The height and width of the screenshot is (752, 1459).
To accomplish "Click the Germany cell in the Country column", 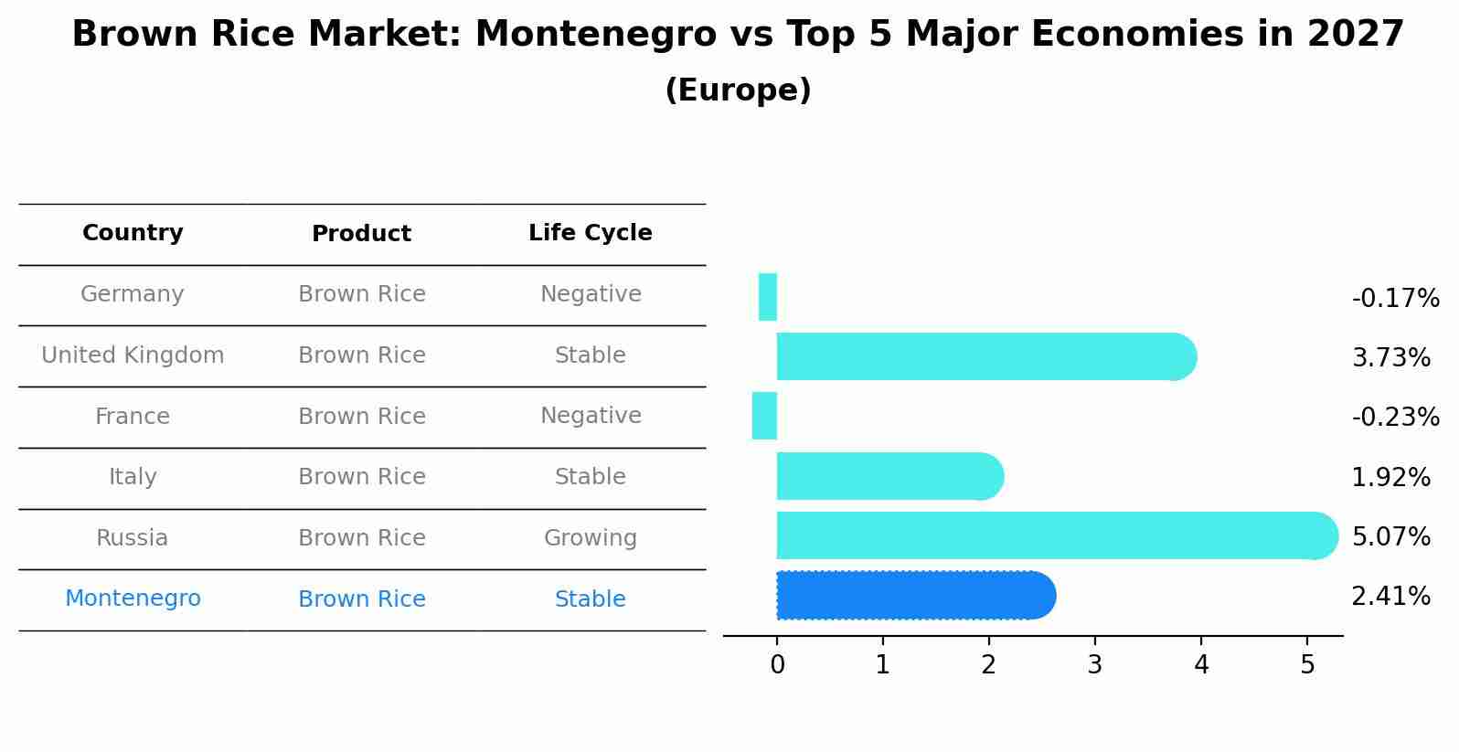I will (x=133, y=294).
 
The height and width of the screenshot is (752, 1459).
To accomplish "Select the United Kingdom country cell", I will (x=133, y=355).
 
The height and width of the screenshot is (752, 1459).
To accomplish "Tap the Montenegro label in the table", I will (x=133, y=598).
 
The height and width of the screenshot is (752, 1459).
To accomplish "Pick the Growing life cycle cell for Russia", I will (x=591, y=538).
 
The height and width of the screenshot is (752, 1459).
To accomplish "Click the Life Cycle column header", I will (x=591, y=233).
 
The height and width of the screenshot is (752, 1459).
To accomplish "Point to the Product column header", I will (x=361, y=234).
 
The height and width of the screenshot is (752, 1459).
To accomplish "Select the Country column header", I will (x=133, y=233).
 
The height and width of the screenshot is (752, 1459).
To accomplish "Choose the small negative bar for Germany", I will (x=768, y=297).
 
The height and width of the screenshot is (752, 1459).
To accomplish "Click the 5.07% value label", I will (x=1390, y=536).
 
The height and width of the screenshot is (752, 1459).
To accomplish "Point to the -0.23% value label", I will (x=1395, y=417).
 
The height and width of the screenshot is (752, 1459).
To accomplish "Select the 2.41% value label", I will (x=1390, y=597).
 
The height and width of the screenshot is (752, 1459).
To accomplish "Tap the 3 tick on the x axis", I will (x=1095, y=665).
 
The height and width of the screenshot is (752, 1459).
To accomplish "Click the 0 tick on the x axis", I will (x=777, y=665).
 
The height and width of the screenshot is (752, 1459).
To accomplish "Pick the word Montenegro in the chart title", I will (x=595, y=35).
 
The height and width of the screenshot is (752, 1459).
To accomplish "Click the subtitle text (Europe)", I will (x=738, y=90).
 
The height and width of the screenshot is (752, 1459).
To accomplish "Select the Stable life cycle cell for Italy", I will (x=591, y=477).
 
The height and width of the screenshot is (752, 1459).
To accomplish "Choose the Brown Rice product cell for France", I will (x=361, y=417).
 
